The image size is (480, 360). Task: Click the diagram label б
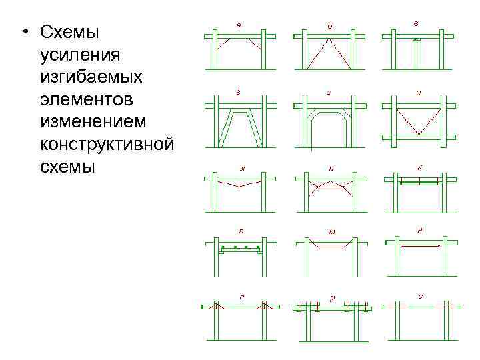(x=329, y=26)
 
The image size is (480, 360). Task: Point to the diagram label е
(x=418, y=92)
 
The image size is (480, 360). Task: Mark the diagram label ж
(x=242, y=167)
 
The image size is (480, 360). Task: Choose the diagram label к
(x=419, y=167)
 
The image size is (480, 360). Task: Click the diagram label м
(x=331, y=232)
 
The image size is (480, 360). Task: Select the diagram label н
(x=419, y=230)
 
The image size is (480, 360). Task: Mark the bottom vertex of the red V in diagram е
(x=417, y=134)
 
